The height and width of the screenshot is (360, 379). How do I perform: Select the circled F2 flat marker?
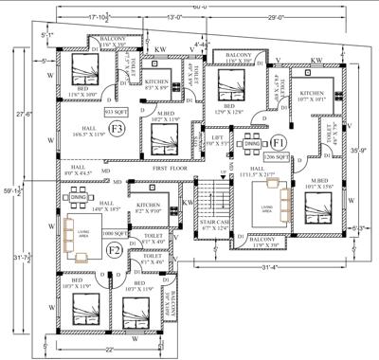[x=114, y=250]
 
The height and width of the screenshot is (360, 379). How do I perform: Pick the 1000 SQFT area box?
[x=115, y=232]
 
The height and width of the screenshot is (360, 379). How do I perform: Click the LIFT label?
[x=218, y=138]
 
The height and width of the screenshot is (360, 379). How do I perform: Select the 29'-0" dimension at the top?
[x=279, y=17]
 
